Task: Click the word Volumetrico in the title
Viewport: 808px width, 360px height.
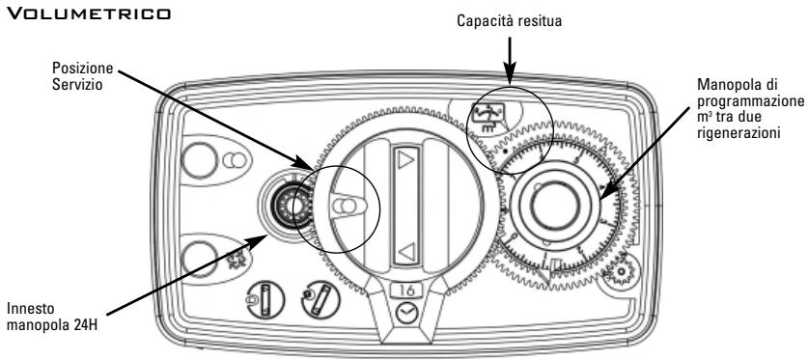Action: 88,13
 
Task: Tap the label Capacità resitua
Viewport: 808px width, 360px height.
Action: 509,21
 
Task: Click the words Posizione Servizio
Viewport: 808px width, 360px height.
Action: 82,75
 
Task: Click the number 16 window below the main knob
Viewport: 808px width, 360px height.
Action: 405,291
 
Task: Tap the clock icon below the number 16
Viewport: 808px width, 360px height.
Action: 405,314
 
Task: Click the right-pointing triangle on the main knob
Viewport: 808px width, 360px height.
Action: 405,160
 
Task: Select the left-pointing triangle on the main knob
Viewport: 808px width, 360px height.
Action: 407,252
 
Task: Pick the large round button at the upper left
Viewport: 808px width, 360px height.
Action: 199,159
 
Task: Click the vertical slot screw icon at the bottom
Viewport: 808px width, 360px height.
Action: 265,299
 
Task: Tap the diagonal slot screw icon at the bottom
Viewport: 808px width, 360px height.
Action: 320,299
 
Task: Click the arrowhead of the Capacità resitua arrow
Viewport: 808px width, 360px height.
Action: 509,78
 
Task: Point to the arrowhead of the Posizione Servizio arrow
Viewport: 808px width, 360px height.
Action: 305,163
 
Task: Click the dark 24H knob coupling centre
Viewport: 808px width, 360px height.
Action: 284,206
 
